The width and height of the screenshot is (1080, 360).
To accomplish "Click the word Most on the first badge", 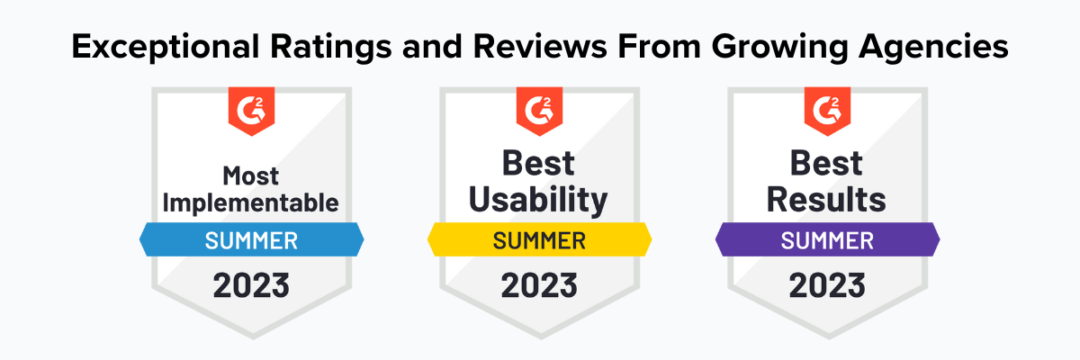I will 252,175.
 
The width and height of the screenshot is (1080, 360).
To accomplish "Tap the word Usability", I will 540,200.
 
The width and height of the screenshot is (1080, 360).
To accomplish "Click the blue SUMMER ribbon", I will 252,240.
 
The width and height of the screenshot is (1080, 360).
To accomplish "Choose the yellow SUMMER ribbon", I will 540,240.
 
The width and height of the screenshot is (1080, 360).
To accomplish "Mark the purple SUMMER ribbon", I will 828,240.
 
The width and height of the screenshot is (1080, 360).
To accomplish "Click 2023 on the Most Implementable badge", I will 252,285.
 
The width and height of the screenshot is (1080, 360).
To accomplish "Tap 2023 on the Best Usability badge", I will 540,285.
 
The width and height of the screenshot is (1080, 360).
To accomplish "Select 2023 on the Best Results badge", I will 828,285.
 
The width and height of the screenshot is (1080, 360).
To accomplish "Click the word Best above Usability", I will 540,163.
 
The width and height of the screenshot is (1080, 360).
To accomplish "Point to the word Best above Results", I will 828,163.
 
